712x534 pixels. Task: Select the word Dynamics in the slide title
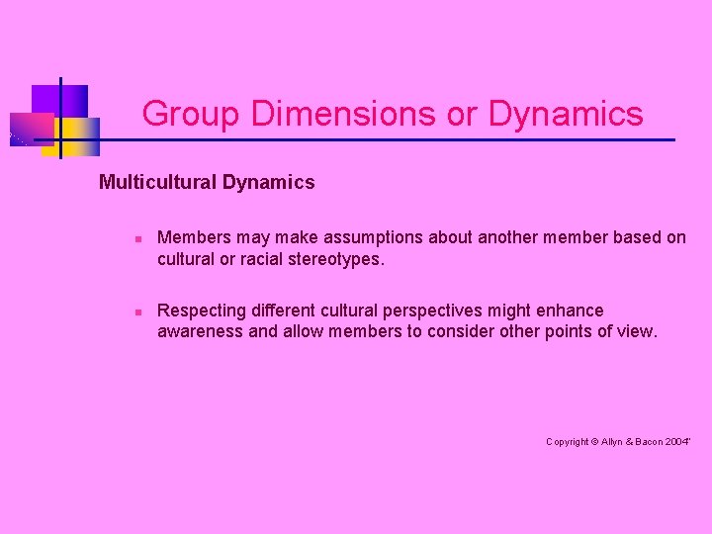click(566, 115)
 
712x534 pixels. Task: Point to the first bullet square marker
click(139, 238)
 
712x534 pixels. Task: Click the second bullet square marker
click(139, 311)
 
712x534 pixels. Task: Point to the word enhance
click(570, 311)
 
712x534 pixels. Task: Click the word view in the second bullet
click(635, 331)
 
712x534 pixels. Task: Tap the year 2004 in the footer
click(677, 442)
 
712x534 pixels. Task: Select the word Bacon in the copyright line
click(649, 442)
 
